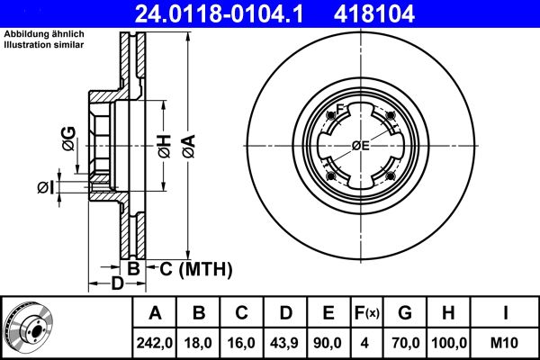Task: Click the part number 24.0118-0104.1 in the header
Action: click(x=219, y=13)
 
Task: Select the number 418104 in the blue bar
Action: click(x=374, y=13)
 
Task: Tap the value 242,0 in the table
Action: click(x=154, y=343)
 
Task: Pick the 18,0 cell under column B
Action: click(x=198, y=343)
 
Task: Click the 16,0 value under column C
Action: click(x=241, y=343)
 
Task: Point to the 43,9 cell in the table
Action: click(x=284, y=343)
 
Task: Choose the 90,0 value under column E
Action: click(x=328, y=343)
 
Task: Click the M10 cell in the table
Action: click(x=504, y=343)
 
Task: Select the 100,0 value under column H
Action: click(x=449, y=343)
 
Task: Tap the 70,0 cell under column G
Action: click(x=406, y=343)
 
